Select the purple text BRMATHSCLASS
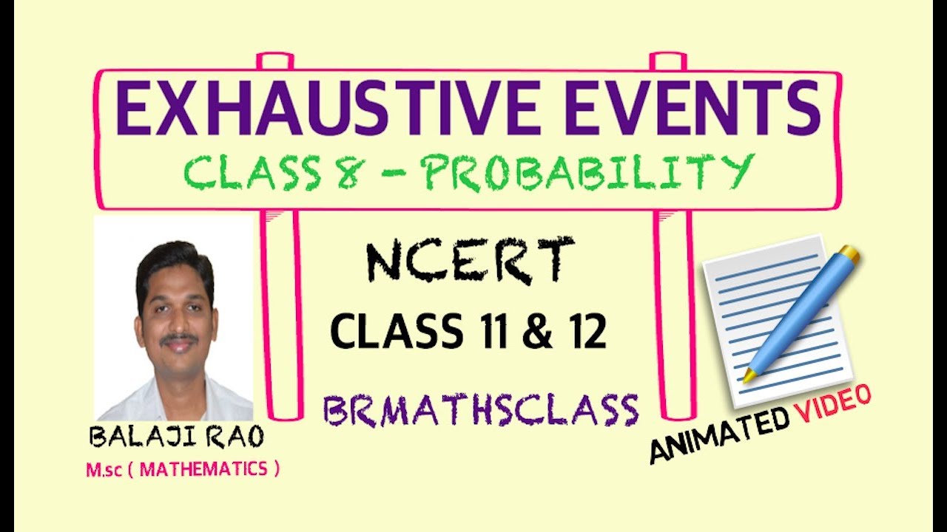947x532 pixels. (x=481, y=410)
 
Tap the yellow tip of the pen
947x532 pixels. (x=749, y=375)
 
